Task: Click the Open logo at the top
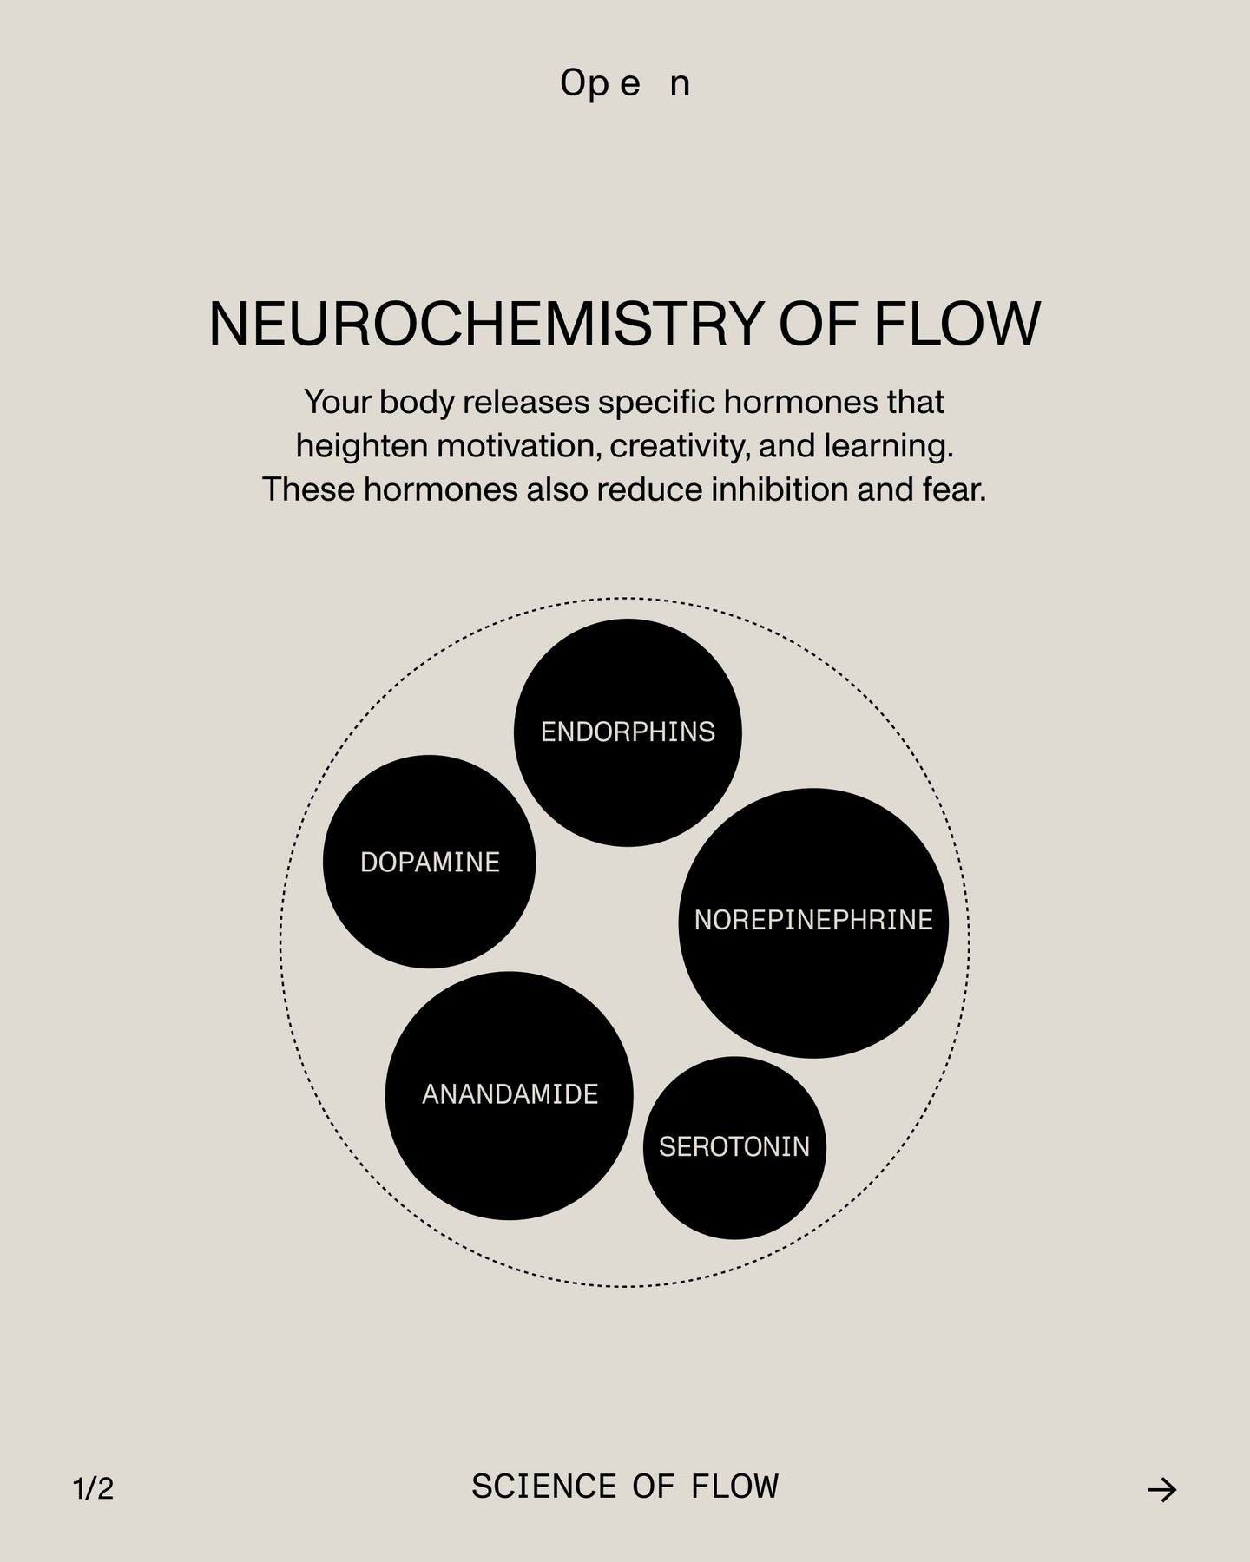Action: tap(625, 83)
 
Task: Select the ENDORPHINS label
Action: tap(628, 732)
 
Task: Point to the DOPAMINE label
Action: tap(430, 863)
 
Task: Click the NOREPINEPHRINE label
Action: tap(813, 920)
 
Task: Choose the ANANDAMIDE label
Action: tap(510, 1094)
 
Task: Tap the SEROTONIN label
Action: tap(734, 1147)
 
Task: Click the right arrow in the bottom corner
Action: tap(1161, 1490)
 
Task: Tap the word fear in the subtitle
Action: tap(953, 489)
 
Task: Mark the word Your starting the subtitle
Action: tap(337, 402)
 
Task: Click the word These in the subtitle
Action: tap(308, 489)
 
